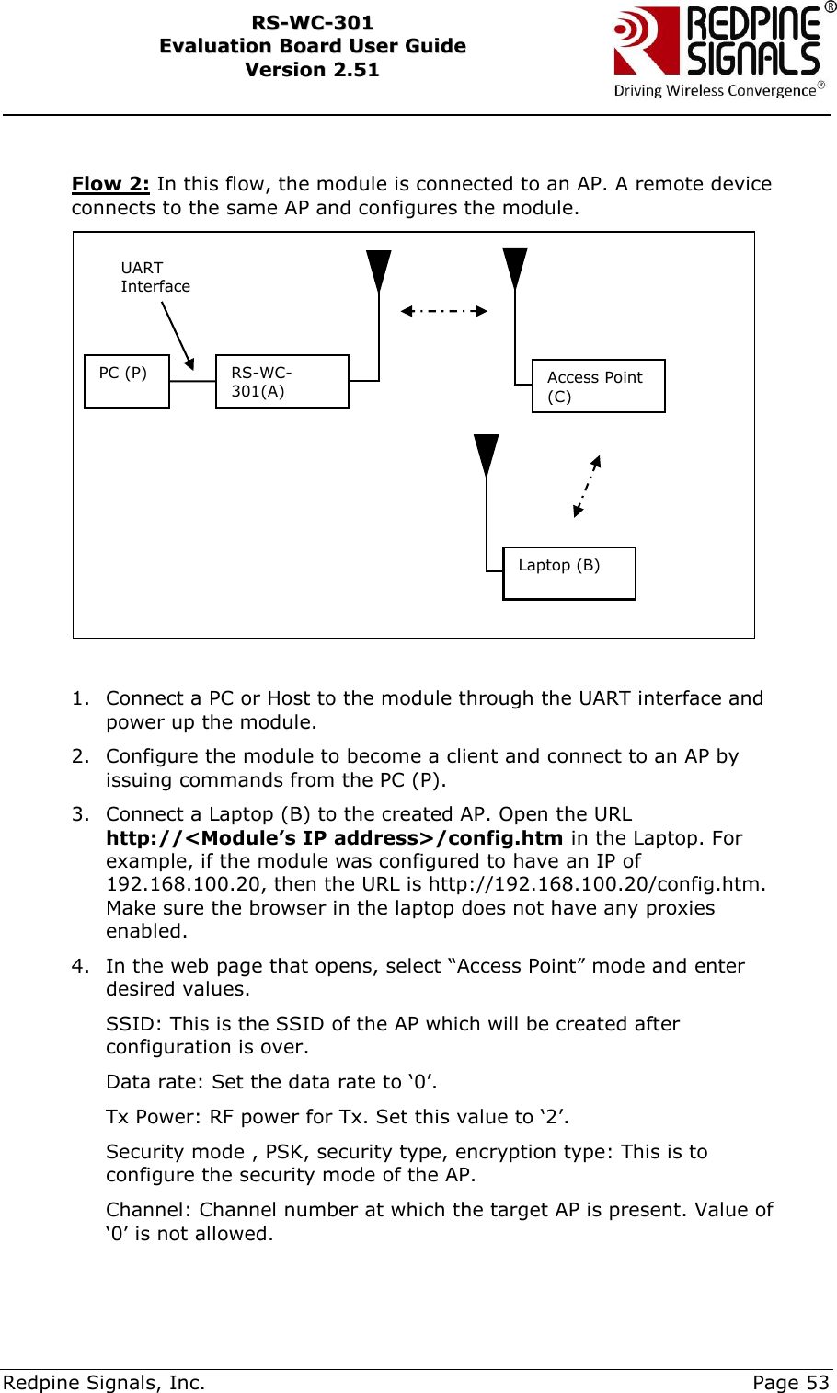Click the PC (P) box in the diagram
pyautogui.click(x=127, y=381)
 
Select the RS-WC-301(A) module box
pyautogui.click(x=281, y=381)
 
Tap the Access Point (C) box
pyautogui.click(x=598, y=386)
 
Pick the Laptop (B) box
pyautogui.click(x=568, y=573)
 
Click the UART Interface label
pyautogui.click(x=155, y=277)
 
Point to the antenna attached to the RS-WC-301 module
pyautogui.click(x=378, y=271)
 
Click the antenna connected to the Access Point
pyautogui.click(x=515, y=268)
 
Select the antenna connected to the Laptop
pyautogui.click(x=486, y=455)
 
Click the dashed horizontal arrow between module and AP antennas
pyautogui.click(x=444, y=311)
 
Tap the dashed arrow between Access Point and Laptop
pyautogui.click(x=587, y=486)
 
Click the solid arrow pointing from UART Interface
pyautogui.click(x=178, y=336)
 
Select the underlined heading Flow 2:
pyautogui.click(x=110, y=184)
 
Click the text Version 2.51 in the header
pyautogui.click(x=312, y=70)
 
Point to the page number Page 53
pyautogui.click(x=790, y=1382)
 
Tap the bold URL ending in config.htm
pyautogui.click(x=334, y=838)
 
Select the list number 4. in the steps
pyautogui.click(x=81, y=966)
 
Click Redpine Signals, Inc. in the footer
pyautogui.click(x=104, y=1382)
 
